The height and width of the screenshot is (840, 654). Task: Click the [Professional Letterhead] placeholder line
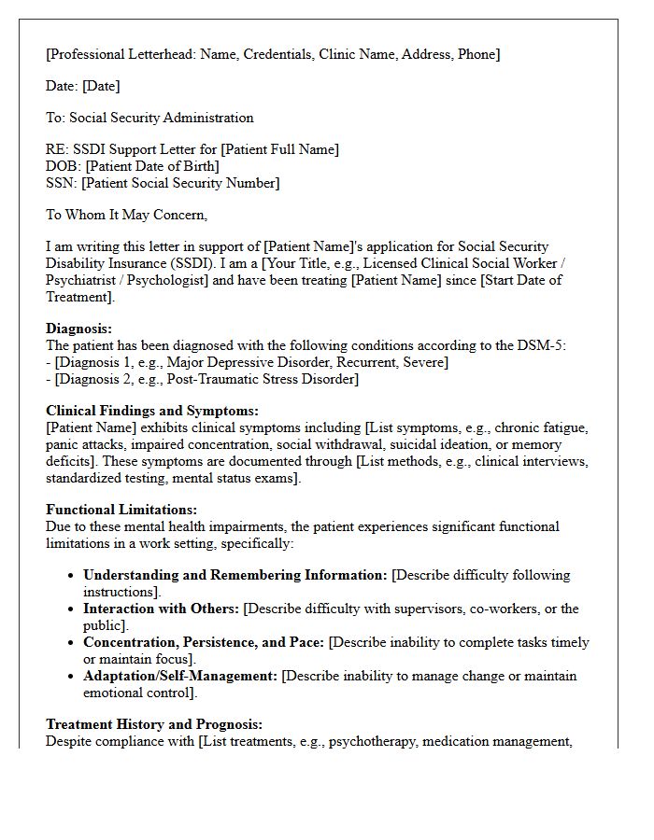pos(273,54)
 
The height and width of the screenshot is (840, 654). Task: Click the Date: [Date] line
pos(83,86)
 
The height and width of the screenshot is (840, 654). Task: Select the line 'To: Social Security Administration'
pos(149,118)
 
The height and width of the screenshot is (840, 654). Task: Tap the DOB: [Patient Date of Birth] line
pos(133,166)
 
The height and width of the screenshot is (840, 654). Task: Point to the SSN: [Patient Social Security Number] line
pos(163,183)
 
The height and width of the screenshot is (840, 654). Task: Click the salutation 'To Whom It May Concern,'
pos(126,215)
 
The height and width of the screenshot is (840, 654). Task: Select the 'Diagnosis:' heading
pos(78,329)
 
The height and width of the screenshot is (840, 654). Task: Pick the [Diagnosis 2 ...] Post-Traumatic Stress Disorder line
pos(203,379)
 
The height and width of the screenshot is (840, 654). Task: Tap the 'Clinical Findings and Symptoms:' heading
pos(152,411)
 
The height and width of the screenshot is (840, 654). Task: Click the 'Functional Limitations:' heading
pos(121,510)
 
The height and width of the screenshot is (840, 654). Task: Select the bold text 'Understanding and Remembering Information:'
pos(235,575)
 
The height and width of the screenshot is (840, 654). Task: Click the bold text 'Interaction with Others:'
pos(161,609)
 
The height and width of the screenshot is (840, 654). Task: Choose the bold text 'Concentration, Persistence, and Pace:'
pos(204,642)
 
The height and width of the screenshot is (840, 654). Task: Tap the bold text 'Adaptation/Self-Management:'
pos(180,676)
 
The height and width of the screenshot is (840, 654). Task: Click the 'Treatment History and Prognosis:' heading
pos(154,724)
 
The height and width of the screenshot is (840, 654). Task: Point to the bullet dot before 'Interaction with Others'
pos(71,609)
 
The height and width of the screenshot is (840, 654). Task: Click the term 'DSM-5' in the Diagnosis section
pos(546,345)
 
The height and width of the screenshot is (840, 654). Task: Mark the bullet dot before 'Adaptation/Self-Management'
pos(71,677)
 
